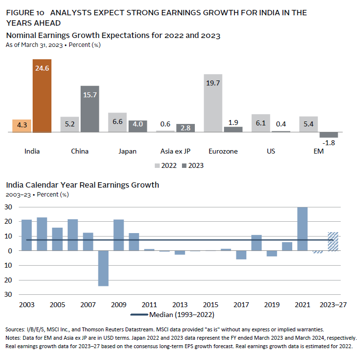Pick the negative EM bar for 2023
[x=328, y=135]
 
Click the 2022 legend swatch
[x=158, y=165]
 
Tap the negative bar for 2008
[x=103, y=268]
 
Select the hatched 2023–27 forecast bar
[x=333, y=241]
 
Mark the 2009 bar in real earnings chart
[x=118, y=235]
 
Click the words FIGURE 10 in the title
[x=25, y=12]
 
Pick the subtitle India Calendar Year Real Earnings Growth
[x=83, y=185]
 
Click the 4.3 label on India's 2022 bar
[x=23, y=125]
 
